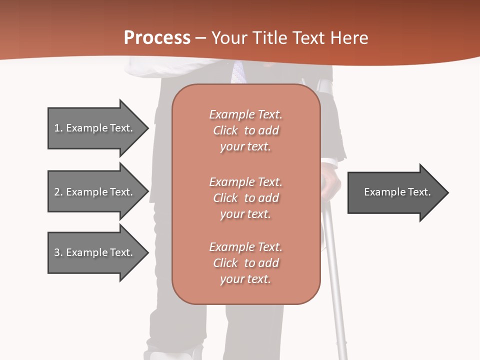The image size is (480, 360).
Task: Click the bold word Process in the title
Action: point(157,38)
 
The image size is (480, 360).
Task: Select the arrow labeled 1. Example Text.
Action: point(95,128)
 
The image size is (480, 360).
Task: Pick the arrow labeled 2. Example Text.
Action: point(95,192)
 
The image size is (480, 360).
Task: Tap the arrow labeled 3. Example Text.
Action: point(95,252)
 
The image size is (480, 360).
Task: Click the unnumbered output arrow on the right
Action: point(395,192)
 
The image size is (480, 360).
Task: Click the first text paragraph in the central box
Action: point(245,130)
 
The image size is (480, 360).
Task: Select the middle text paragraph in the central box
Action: point(245,198)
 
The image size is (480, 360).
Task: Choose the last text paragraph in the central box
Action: point(245,263)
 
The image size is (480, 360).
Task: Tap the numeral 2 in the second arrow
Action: point(57,192)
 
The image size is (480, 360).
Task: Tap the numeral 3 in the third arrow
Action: point(57,252)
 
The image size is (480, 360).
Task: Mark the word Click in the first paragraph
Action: point(225,130)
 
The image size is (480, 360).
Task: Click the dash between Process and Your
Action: point(201,38)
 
